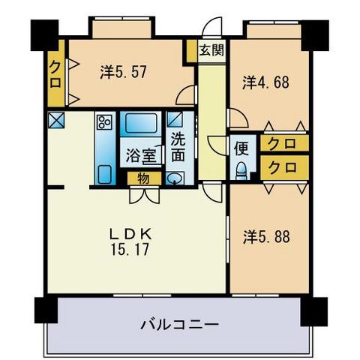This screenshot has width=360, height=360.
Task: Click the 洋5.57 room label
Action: (x=123, y=72)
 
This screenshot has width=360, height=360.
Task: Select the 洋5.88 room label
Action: (x=267, y=235)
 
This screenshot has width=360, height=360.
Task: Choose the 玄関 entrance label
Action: (x=211, y=51)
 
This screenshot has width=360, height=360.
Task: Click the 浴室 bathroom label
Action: (x=141, y=156)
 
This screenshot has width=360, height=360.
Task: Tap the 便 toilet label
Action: (x=242, y=147)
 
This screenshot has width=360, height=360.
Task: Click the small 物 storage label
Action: (x=143, y=178)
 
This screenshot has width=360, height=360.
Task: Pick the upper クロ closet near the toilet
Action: (x=282, y=143)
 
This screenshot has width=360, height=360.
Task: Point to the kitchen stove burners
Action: (x=103, y=122)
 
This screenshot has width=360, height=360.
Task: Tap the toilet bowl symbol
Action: (x=241, y=168)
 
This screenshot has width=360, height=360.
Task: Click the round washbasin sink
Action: (x=175, y=178)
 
